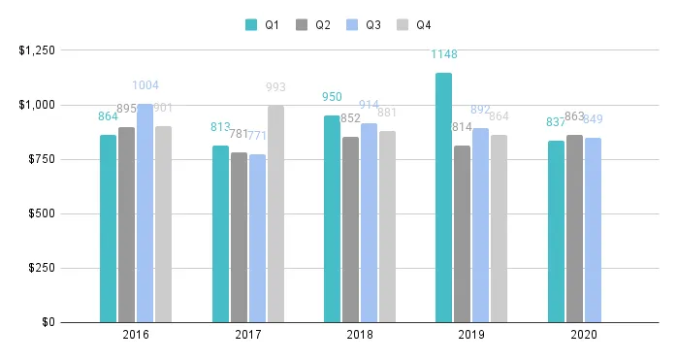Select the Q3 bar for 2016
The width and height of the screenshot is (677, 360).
(145, 213)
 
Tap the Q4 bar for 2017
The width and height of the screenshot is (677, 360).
(275, 213)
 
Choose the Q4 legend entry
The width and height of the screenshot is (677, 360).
(413, 25)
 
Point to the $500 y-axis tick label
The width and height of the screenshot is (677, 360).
(43, 213)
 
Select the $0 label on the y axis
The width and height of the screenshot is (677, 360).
(48, 322)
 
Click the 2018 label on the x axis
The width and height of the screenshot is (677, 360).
(359, 335)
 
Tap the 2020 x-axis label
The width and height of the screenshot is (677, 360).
(583, 335)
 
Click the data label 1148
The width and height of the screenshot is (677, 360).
(444, 54)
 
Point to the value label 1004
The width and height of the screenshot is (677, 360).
(145, 85)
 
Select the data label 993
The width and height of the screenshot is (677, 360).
(275, 87)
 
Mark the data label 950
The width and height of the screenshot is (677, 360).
(332, 97)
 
